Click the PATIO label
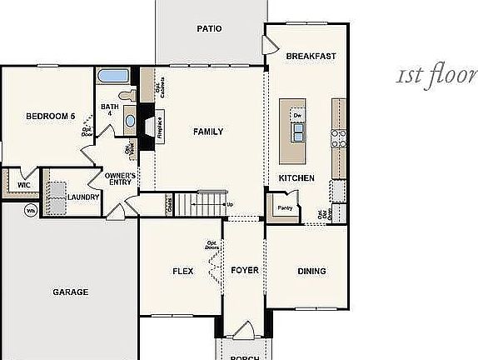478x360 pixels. [209, 28]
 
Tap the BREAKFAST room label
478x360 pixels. [311, 57]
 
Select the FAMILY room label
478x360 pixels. [208, 132]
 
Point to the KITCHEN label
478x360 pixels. [296, 178]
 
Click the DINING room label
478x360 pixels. [311, 271]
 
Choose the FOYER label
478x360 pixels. [245, 271]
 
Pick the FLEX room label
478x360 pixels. [183, 271]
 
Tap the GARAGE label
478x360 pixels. [71, 292]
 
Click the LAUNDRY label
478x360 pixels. [84, 197]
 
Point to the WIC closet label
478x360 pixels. [12, 185]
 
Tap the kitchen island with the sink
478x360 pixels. [296, 132]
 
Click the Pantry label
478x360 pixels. [285, 208]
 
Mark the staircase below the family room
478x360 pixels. [199, 202]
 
